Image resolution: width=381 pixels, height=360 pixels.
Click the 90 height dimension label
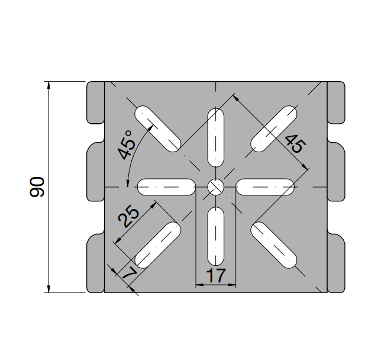37,187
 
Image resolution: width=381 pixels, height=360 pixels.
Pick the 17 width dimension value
216,275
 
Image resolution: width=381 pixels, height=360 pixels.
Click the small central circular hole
216,187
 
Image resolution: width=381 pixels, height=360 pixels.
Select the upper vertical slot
216,137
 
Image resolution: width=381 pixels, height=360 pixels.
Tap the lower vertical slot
216,237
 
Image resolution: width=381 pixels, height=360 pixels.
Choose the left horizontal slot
166,187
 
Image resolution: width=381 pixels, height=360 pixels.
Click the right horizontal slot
266,187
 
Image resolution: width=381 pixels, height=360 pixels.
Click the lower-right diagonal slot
274,245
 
